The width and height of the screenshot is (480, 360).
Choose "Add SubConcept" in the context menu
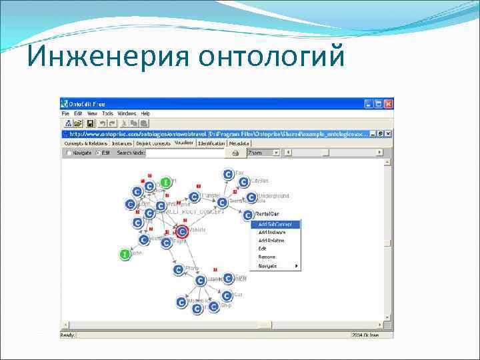(275, 225)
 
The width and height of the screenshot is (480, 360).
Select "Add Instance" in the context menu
(272, 233)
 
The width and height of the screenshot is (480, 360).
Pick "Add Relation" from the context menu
(271, 241)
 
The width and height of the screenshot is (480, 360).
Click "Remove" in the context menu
(267, 257)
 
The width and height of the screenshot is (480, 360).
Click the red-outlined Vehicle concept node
(182, 232)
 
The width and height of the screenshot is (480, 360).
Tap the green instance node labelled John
(124, 254)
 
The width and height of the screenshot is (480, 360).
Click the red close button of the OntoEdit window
(389, 104)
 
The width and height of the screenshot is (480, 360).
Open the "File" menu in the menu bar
(67, 114)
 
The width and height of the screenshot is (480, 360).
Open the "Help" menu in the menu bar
(145, 114)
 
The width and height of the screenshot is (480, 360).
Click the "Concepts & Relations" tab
(85, 143)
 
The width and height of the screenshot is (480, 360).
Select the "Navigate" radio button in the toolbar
(69, 153)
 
